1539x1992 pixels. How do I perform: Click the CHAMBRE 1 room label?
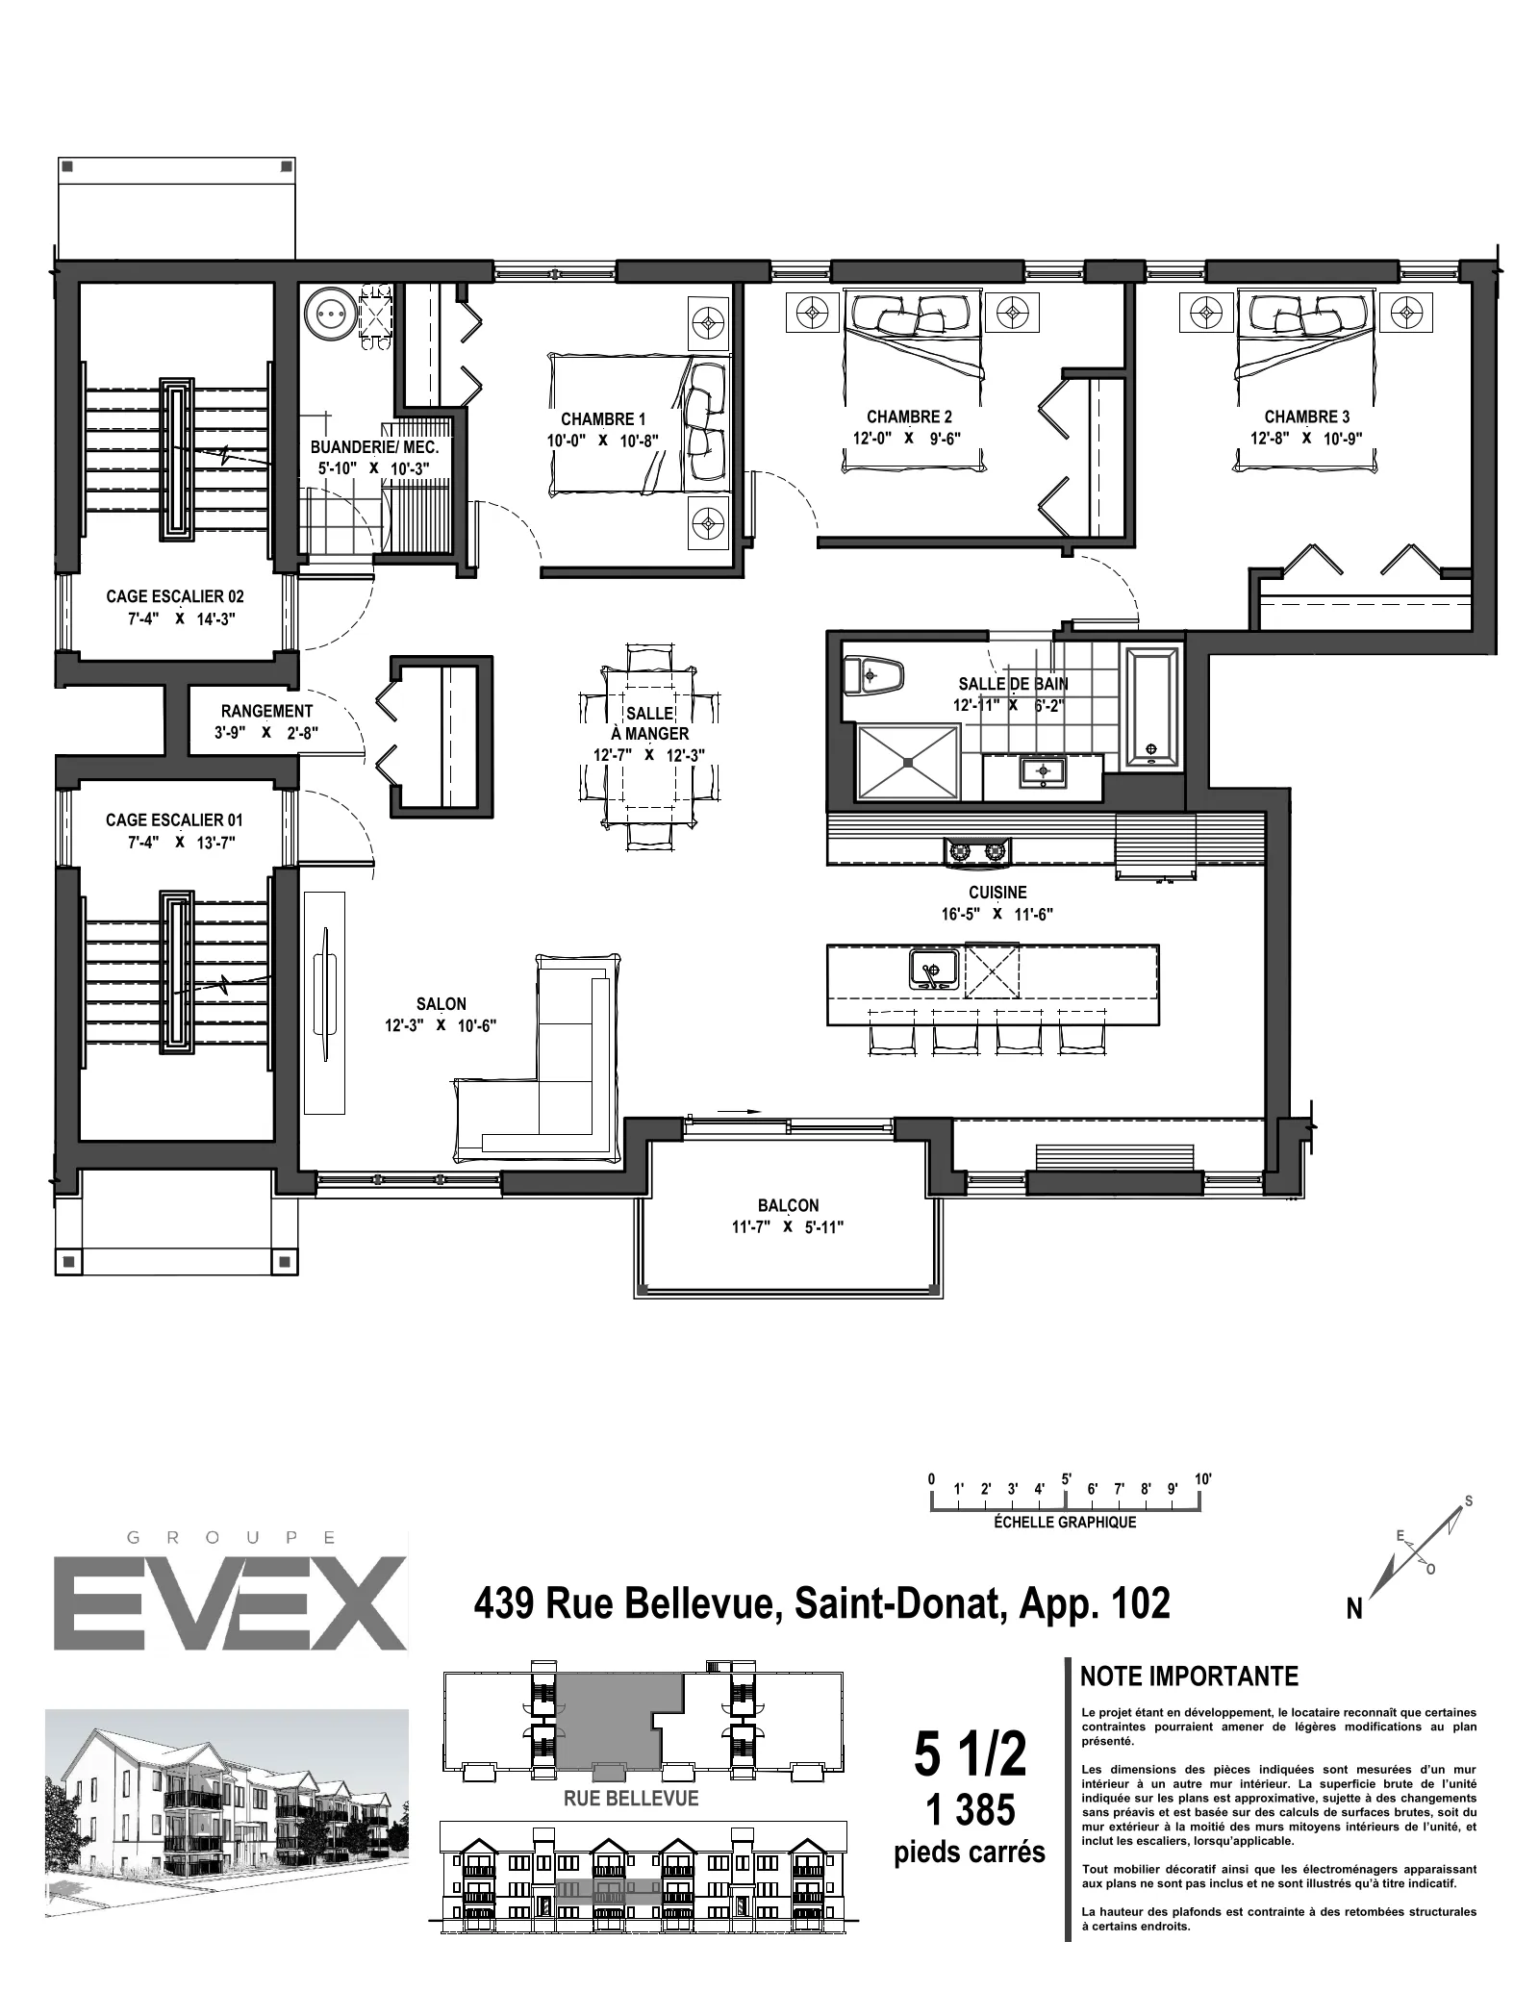coord(603,419)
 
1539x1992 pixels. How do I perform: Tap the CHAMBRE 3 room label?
coord(1306,417)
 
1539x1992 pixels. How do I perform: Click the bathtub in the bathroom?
coord(1151,707)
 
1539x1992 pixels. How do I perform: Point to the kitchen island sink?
coord(933,970)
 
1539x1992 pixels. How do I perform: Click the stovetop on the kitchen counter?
coord(978,850)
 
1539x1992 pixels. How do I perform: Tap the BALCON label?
coord(788,1206)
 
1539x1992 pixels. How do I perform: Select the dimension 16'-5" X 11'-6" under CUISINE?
coord(997,915)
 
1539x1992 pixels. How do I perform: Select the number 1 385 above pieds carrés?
coord(970,1811)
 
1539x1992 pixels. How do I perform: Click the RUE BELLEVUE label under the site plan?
coord(631,1799)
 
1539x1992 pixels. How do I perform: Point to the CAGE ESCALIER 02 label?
coord(175,596)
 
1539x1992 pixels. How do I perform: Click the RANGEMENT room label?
coord(266,712)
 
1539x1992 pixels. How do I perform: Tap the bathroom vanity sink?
coord(1042,771)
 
